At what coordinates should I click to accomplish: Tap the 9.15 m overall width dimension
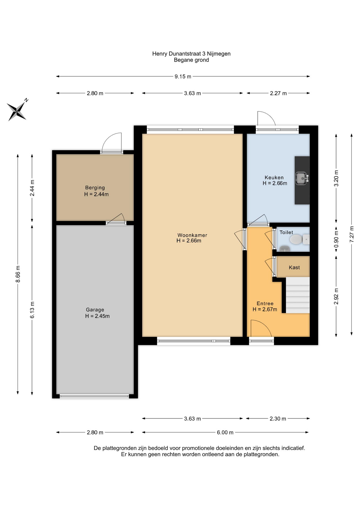click(x=183, y=77)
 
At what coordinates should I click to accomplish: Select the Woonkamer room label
click(x=192, y=235)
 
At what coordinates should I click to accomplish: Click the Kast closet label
click(x=294, y=267)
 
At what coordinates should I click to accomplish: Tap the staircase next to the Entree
click(x=297, y=295)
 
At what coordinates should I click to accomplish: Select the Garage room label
click(x=95, y=310)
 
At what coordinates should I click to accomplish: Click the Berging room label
click(x=95, y=188)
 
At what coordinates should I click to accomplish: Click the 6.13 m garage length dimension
click(x=32, y=310)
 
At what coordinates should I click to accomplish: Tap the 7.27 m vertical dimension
click(x=352, y=234)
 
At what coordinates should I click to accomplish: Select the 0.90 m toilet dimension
click(x=336, y=239)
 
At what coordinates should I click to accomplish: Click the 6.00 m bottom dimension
click(x=225, y=432)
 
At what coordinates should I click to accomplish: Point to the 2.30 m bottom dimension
click(x=278, y=419)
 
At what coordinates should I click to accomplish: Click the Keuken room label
click(x=274, y=178)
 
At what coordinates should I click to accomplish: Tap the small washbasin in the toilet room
click(x=285, y=248)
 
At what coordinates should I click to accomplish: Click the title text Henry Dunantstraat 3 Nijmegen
click(x=191, y=54)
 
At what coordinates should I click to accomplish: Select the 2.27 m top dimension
click(x=278, y=93)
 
